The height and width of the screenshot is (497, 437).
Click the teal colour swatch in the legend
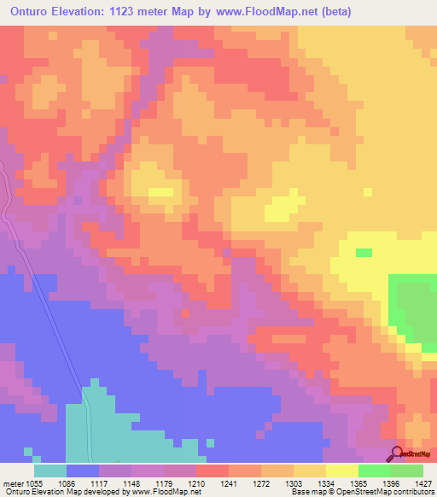[50, 471]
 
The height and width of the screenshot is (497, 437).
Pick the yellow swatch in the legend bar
[341, 471]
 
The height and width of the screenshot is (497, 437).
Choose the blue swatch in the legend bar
[83, 471]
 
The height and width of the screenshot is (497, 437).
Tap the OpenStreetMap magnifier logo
[399, 454]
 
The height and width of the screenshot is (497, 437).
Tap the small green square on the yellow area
[364, 252]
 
